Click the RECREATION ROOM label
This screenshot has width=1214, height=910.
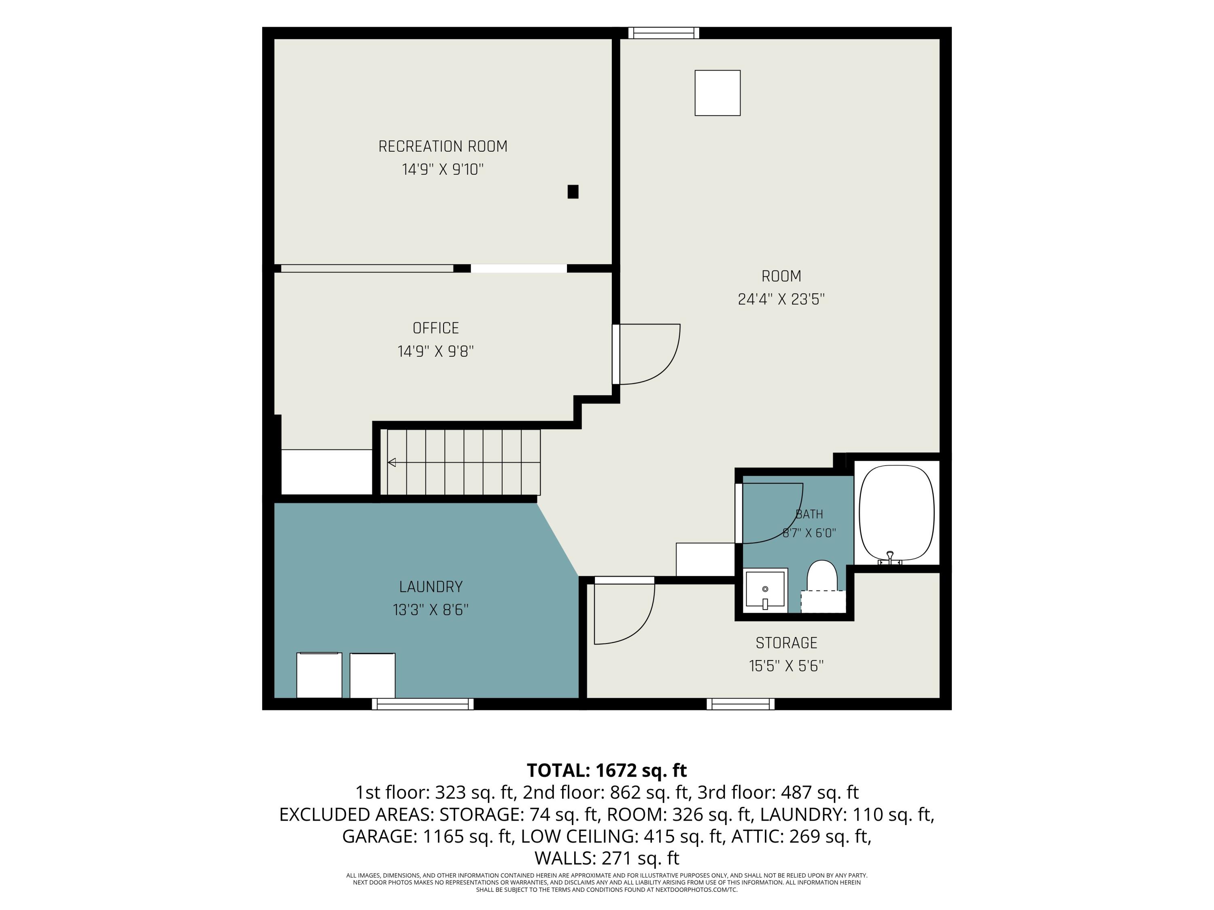point(442,146)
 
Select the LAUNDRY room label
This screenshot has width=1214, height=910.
point(431,587)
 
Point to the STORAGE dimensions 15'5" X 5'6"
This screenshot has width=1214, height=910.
point(786,666)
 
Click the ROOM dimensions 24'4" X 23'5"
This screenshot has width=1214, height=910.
point(781,299)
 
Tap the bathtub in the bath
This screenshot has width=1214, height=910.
point(896,514)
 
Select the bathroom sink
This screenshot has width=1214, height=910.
point(765,590)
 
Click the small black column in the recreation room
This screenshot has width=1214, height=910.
point(573,191)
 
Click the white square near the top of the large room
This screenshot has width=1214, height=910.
point(717,93)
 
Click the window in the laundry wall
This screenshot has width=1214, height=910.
point(422,704)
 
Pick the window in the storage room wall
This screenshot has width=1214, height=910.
point(741,704)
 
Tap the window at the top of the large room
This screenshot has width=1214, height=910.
point(664,33)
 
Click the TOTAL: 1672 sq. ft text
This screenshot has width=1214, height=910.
point(607,770)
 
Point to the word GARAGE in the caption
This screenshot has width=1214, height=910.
point(376,836)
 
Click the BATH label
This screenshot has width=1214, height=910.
point(809,514)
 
